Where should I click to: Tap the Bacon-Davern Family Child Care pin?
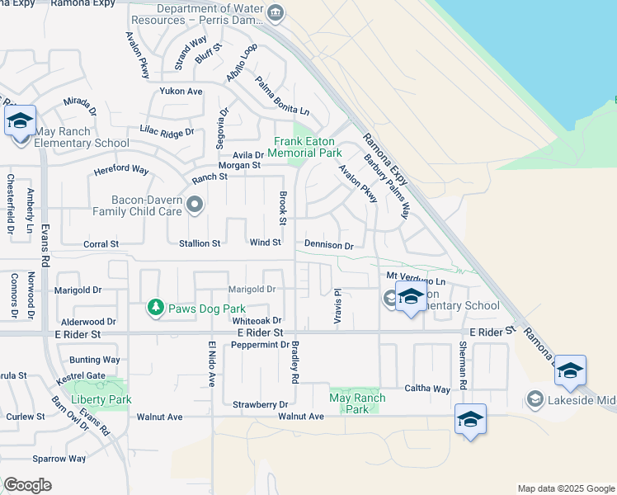coord(195,205)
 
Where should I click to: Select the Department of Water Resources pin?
coord(276,12)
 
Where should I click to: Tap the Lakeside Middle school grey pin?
coord(535,400)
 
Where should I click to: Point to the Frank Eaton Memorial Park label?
coord(307,147)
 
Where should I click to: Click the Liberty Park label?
coord(101,399)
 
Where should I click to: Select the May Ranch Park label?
coord(356,403)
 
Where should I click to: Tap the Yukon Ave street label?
coord(181,91)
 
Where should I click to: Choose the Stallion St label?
coord(200,243)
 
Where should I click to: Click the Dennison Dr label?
coord(328,245)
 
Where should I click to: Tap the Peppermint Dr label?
coord(260,344)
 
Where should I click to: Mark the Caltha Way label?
coord(426,389)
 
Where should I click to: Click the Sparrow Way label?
coord(59,459)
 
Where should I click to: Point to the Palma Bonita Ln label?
coord(282,97)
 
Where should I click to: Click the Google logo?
coord(27,485)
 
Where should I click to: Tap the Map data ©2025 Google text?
coord(565,488)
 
